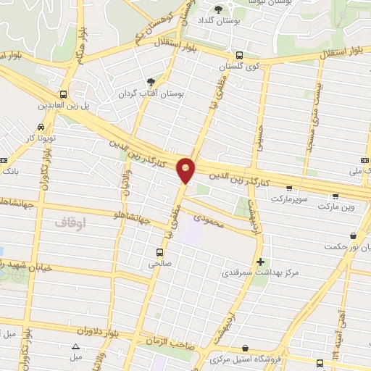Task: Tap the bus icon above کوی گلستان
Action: coord(240,55)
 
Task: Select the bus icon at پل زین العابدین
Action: coord(64,94)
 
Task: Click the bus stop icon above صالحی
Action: coord(159,252)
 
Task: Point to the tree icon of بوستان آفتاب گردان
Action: coord(151,83)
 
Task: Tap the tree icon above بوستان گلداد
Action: coord(219,9)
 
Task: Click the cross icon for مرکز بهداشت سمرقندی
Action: coord(260,262)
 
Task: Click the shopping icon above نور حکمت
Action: coord(353,235)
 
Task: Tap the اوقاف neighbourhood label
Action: coord(70,225)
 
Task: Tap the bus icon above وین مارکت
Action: coord(335,196)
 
